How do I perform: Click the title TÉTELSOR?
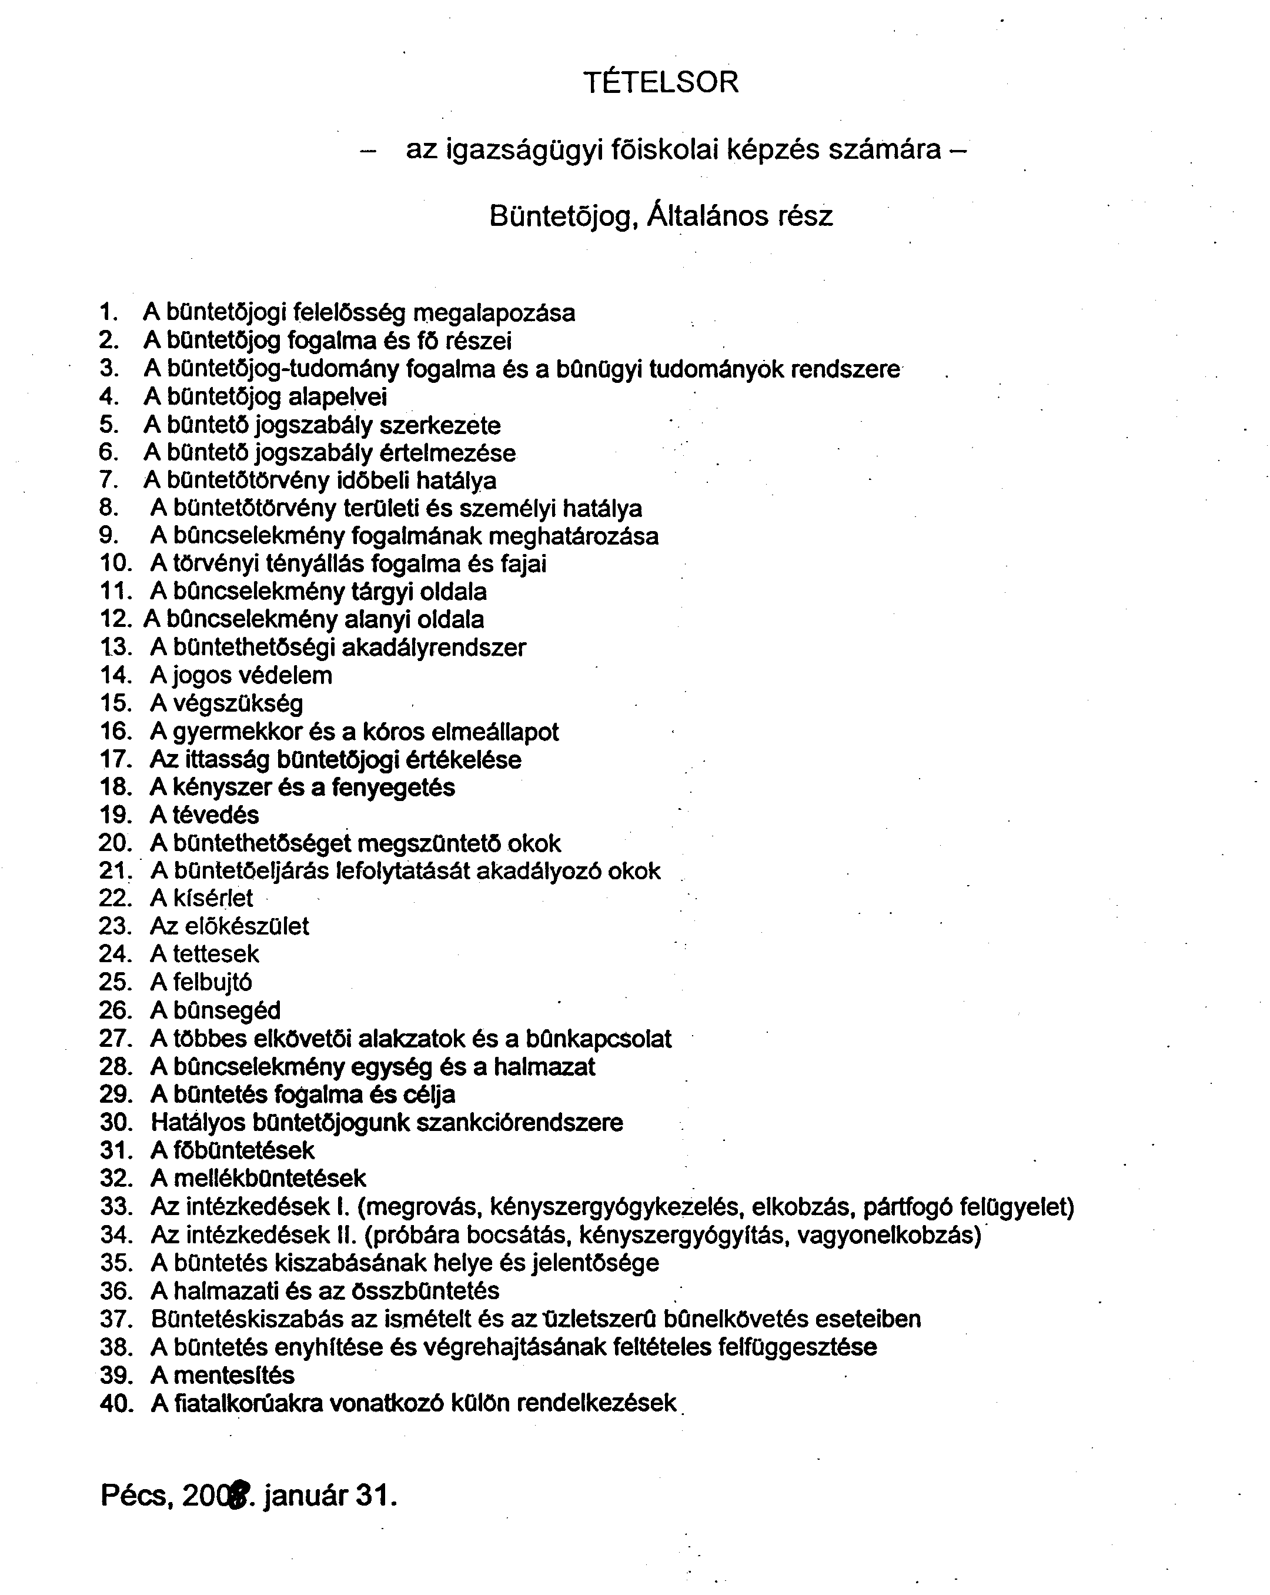tap(660, 82)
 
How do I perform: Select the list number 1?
tap(109, 312)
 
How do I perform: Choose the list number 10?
tap(115, 564)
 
